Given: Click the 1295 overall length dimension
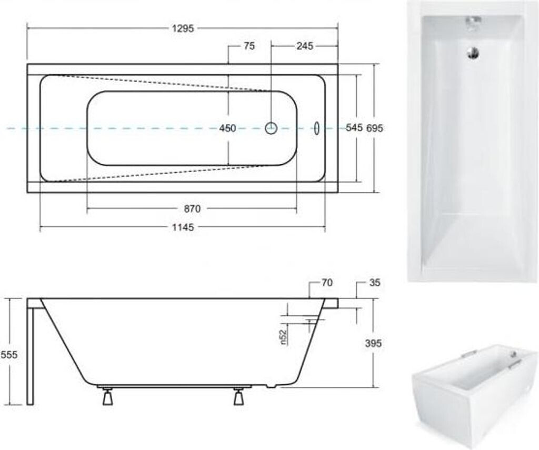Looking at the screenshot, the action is click(183, 28).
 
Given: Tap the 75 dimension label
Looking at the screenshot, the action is click(249, 46).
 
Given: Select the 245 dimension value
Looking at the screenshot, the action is click(305, 46).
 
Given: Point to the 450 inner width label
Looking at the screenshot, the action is click(227, 128).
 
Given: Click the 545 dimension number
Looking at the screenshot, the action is click(354, 128).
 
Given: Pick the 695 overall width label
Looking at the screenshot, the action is click(374, 128).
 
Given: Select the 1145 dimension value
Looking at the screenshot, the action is click(183, 227).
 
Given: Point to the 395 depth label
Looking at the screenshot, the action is click(373, 343).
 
